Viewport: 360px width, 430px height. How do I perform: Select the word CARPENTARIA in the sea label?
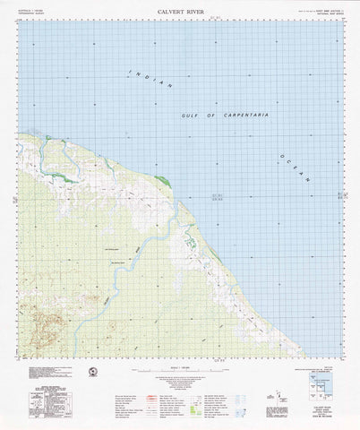coord(241,116)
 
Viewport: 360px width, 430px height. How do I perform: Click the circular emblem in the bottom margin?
coord(92,372)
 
